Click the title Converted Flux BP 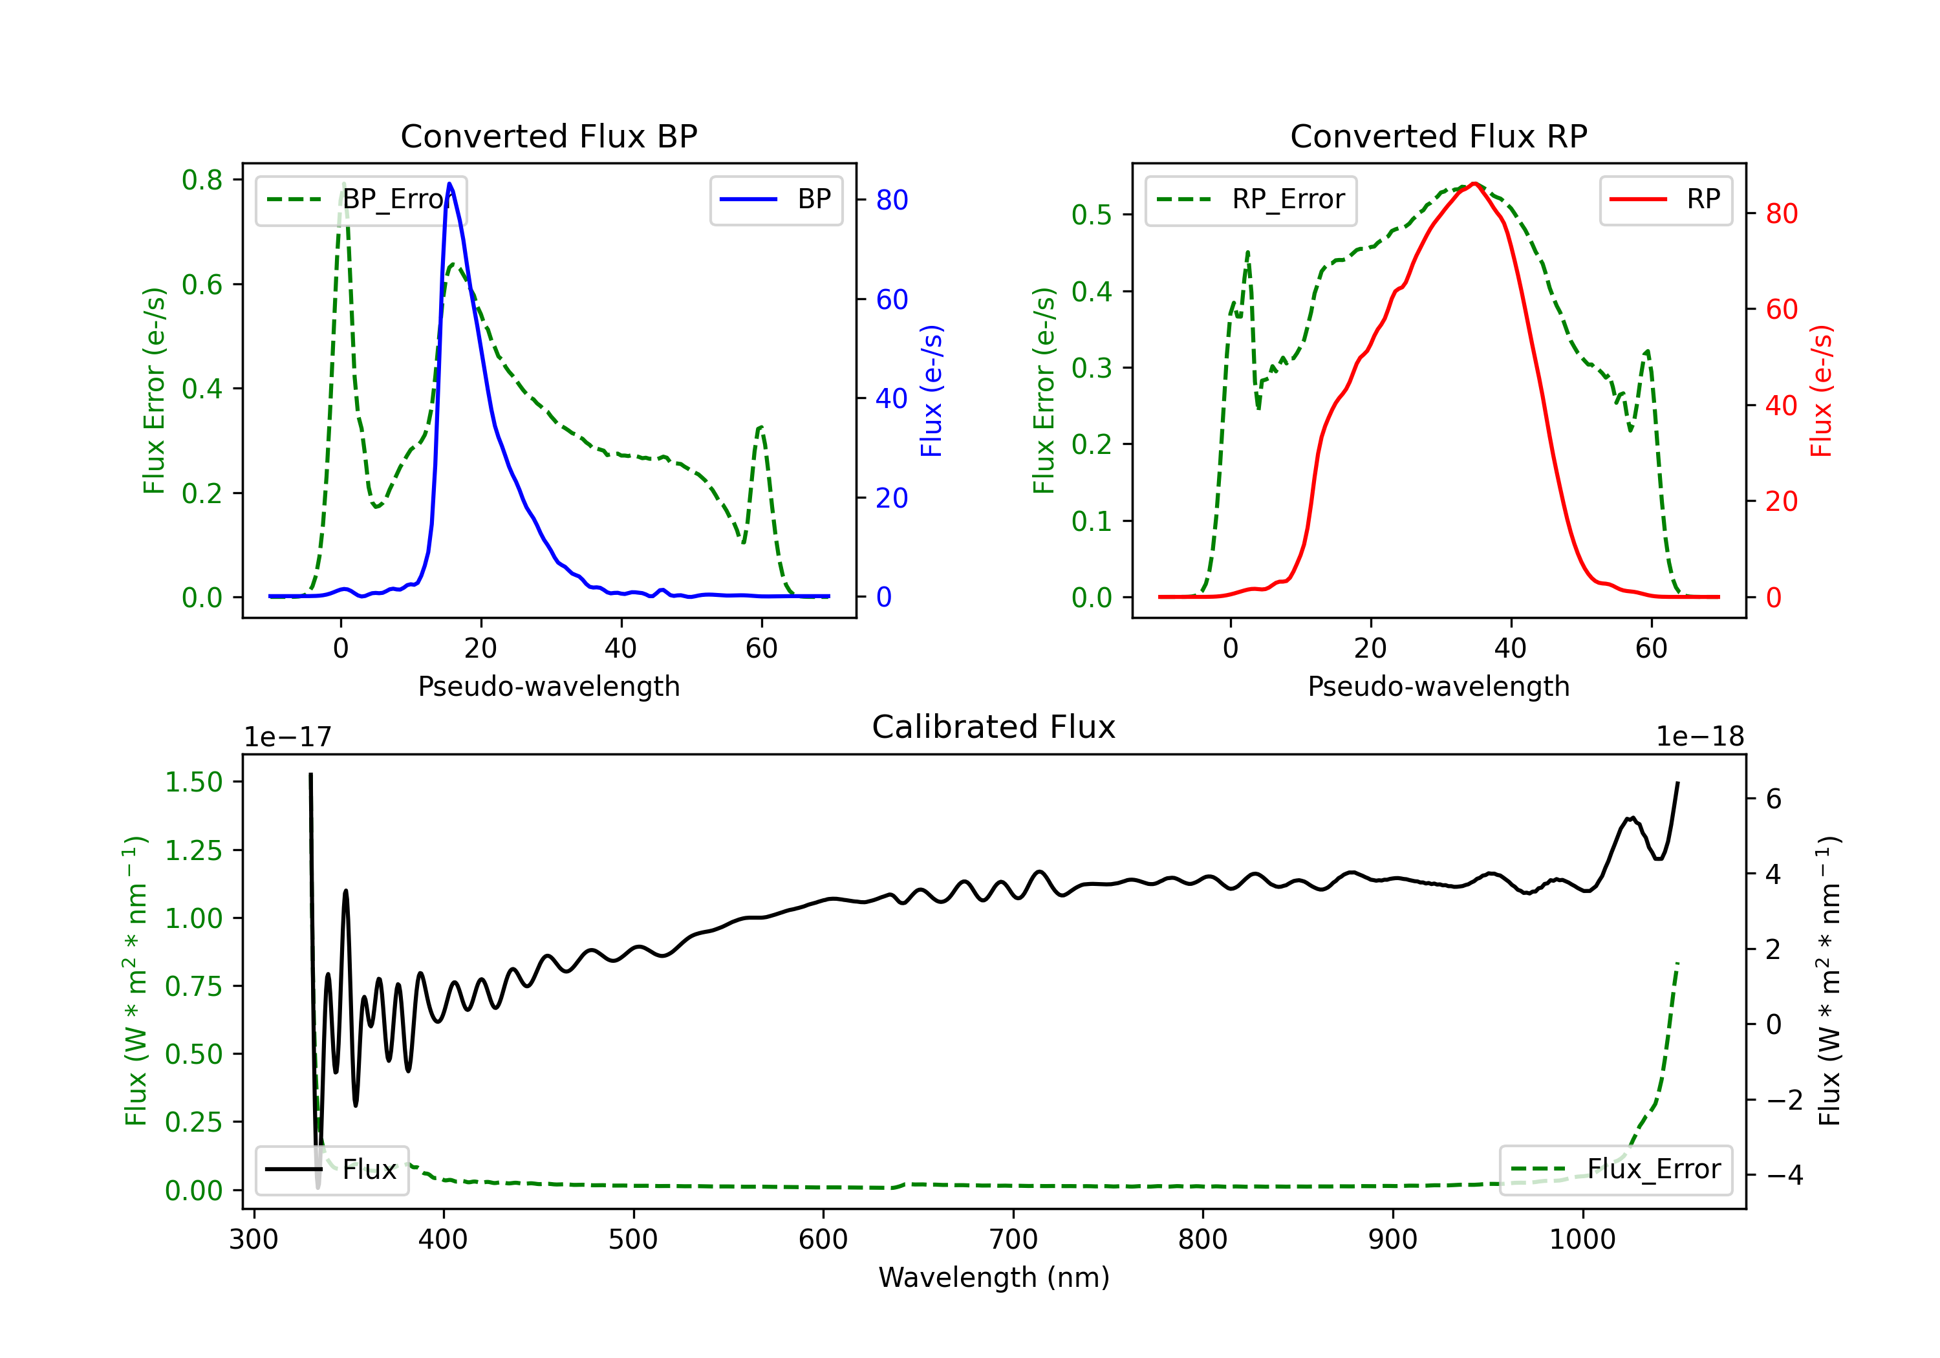(x=548, y=136)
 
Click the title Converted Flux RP (x=1438, y=136)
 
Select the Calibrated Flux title (x=994, y=727)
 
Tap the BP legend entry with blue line (x=775, y=199)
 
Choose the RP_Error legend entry (x=1251, y=199)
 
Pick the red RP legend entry (x=1665, y=199)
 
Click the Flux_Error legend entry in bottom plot (x=1615, y=1170)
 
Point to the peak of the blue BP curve (x=449, y=184)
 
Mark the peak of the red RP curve (x=1474, y=184)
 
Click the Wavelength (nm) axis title (x=994, y=1277)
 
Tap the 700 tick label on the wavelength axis (x=1013, y=1239)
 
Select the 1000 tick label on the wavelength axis (x=1582, y=1239)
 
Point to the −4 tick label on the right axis (x=1785, y=1176)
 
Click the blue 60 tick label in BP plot (x=891, y=299)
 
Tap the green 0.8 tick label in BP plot (x=202, y=180)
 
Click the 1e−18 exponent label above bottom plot (x=1699, y=737)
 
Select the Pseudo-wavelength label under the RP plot (x=1438, y=686)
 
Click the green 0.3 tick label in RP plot (x=1092, y=369)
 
